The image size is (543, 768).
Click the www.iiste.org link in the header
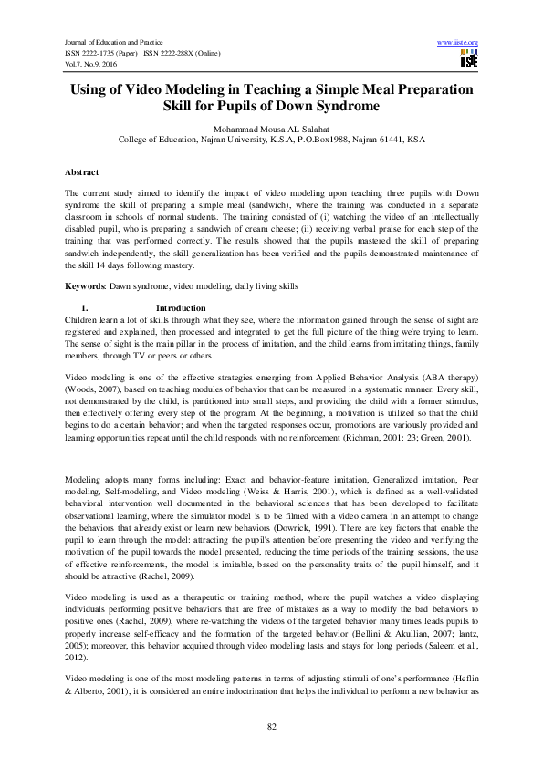coord(458,43)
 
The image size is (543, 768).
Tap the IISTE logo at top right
coord(469,59)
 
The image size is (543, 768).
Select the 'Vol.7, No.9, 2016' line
coord(90,63)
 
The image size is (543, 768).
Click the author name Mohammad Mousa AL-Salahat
coord(272,130)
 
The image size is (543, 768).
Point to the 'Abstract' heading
coord(81,171)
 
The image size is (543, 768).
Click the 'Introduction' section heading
coord(181,307)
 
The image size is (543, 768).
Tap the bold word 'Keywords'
coord(84,285)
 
